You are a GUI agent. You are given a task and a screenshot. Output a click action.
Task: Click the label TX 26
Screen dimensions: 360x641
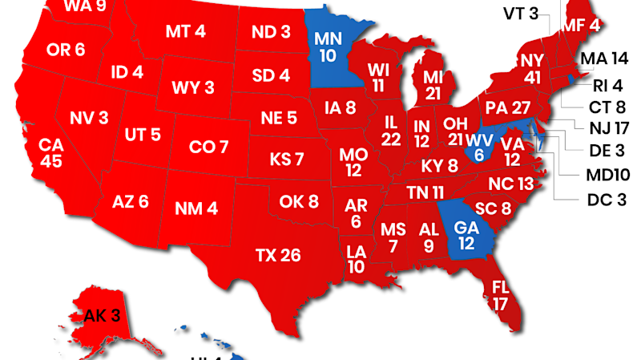[278, 256]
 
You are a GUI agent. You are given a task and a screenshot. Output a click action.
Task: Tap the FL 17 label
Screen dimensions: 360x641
[501, 295]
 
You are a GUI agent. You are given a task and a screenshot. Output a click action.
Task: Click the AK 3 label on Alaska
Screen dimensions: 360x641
[102, 316]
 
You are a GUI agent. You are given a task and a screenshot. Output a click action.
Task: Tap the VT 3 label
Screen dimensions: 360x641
[522, 13]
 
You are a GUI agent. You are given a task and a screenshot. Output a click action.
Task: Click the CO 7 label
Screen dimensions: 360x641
[208, 148]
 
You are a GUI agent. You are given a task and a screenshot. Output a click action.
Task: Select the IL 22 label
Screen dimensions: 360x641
[392, 131]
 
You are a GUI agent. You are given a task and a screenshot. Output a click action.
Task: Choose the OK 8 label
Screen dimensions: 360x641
[299, 200]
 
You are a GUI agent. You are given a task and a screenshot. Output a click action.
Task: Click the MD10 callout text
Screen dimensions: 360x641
[607, 175]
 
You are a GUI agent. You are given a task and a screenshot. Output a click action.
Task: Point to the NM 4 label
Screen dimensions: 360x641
[196, 208]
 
